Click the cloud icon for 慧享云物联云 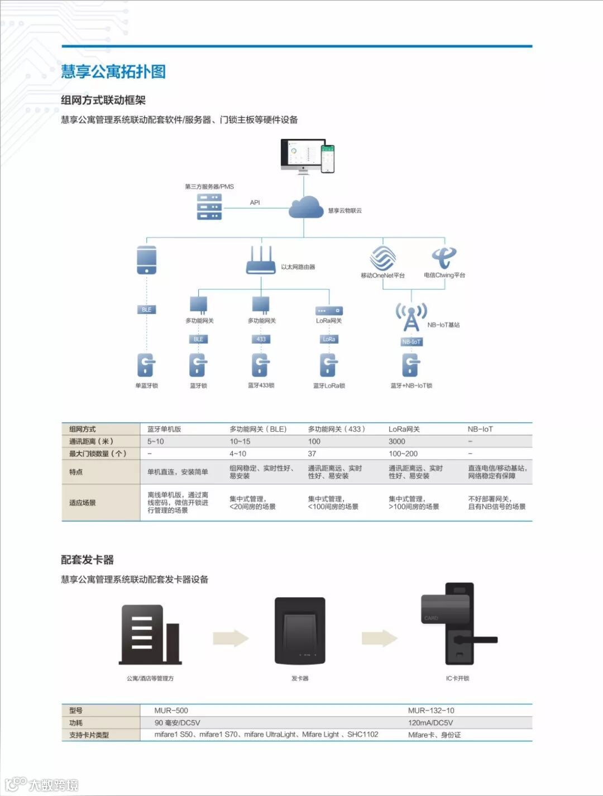(x=305, y=208)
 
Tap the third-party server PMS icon (x=209, y=206)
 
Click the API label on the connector (x=255, y=202)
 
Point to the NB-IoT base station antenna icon (x=411, y=317)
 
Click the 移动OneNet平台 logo (x=382, y=258)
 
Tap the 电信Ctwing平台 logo (x=444, y=258)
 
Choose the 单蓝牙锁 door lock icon (x=146, y=365)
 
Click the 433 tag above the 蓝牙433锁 (x=261, y=339)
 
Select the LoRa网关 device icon (x=329, y=311)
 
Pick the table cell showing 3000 (x=397, y=441)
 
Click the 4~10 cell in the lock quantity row (x=238, y=454)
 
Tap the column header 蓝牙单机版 (x=164, y=429)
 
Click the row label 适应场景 (x=83, y=503)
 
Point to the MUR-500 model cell (x=171, y=710)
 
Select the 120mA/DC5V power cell (x=430, y=722)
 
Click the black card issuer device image (x=300, y=631)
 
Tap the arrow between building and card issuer (x=231, y=638)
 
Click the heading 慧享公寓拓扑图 (x=113, y=71)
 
